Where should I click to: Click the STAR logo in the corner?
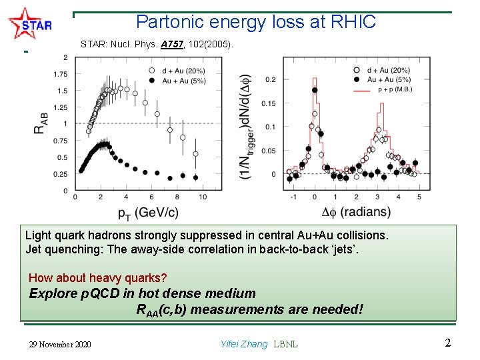[30, 25]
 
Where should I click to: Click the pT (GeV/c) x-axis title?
[148, 213]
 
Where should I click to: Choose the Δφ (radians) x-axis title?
[356, 212]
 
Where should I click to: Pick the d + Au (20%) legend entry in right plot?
[393, 70]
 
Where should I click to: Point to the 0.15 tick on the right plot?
[269, 103]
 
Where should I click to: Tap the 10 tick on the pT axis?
[203, 197]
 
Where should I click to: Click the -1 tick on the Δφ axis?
[294, 197]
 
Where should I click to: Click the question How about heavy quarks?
[98, 277]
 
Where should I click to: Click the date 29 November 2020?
[61, 345]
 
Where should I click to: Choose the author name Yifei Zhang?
[243, 345]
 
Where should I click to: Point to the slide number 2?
[448, 343]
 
